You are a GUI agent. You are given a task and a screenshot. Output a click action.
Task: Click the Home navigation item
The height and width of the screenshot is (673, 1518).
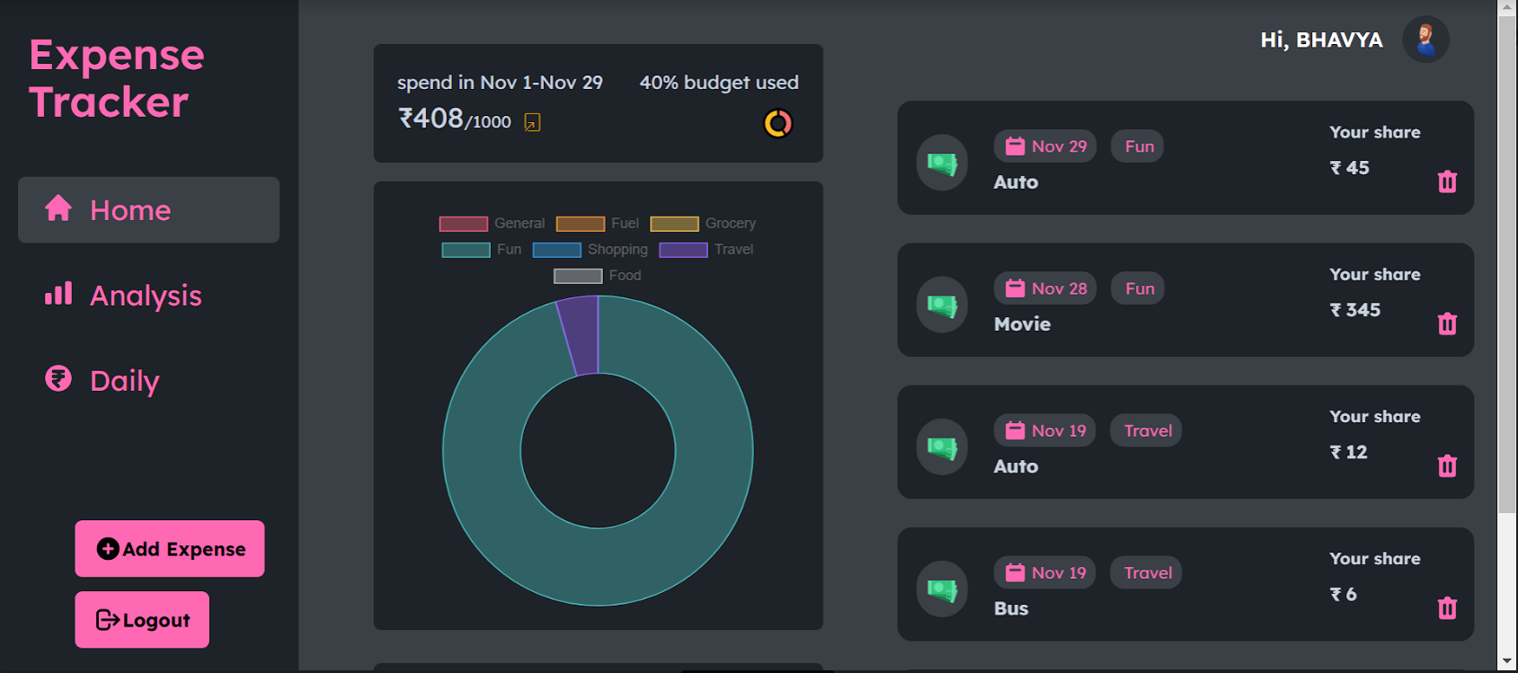[148, 210]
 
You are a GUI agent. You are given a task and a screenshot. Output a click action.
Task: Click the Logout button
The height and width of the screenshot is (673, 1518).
[142, 620]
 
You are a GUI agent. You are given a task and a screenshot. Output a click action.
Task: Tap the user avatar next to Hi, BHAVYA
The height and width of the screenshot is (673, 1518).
[1425, 40]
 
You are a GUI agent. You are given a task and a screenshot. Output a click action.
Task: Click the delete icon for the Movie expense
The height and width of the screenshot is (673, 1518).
[1447, 323]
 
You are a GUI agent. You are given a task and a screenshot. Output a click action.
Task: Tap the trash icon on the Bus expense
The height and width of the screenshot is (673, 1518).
[1447, 608]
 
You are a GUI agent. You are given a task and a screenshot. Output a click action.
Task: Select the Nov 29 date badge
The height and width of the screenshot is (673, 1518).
[1045, 146]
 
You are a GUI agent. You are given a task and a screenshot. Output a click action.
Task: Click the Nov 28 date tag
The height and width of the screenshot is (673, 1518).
[1045, 288]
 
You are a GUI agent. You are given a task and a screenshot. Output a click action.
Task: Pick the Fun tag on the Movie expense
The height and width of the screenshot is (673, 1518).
[1139, 288]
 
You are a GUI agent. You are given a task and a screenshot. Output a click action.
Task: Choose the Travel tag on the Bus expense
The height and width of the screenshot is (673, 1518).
[1147, 572]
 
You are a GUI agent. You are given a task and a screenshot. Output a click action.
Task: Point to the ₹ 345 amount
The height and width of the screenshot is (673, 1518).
[1355, 310]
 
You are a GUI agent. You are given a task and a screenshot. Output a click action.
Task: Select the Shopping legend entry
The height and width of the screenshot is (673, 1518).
[590, 250]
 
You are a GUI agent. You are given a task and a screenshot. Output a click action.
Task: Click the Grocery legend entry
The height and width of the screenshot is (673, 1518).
[703, 224]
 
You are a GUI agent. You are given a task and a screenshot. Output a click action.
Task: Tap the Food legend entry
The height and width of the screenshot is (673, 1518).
[598, 276]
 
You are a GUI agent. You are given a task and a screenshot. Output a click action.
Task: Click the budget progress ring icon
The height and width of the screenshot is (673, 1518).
[778, 123]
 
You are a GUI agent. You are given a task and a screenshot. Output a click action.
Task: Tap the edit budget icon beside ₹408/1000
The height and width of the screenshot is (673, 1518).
[532, 122]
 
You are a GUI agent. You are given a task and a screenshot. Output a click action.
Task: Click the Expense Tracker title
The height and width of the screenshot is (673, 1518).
[117, 78]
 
